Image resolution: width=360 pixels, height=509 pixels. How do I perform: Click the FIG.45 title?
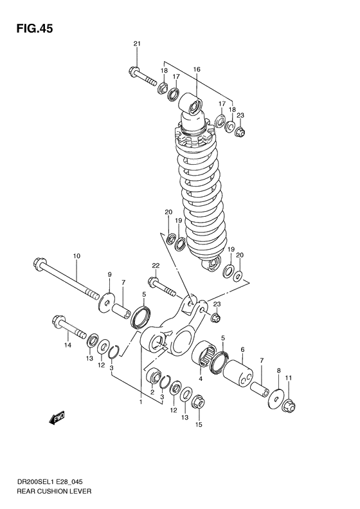35,29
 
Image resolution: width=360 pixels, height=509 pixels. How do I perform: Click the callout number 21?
136,44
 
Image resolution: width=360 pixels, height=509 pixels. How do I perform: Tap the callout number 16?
197,69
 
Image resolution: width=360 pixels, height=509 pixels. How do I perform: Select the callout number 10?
76,256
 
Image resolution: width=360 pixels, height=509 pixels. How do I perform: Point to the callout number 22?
156,266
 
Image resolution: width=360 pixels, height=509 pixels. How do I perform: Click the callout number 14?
67,346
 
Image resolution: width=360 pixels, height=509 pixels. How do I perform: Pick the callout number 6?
242,349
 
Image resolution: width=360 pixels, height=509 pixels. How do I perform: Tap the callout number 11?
289,378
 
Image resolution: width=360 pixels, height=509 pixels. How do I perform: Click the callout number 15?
199,424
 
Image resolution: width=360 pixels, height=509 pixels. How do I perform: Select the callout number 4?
201,378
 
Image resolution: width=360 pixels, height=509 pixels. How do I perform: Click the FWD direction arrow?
57,418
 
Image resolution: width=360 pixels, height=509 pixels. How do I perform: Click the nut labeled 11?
289,405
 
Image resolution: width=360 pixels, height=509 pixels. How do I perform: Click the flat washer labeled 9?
106,302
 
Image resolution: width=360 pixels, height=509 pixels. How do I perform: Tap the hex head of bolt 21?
134,71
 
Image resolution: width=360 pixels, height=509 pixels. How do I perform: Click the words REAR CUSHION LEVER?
54,491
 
